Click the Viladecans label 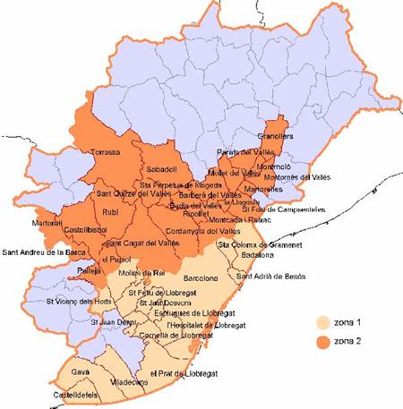click(x=128, y=381)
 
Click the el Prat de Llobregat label click(x=185, y=372)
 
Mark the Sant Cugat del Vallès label click(x=140, y=243)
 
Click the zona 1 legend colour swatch click(x=324, y=322)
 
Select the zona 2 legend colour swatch click(x=324, y=340)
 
